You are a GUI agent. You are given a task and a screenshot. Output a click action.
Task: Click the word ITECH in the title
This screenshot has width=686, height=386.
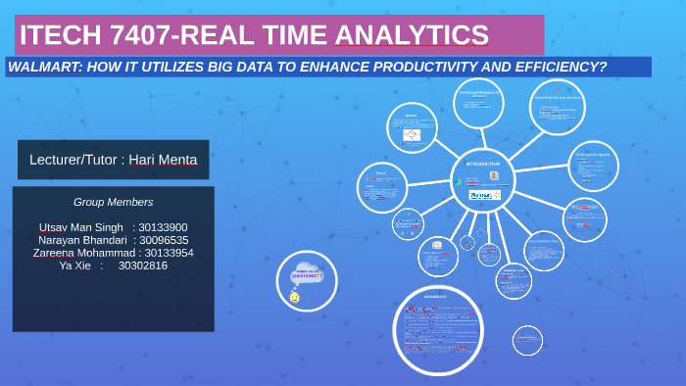pos(53,35)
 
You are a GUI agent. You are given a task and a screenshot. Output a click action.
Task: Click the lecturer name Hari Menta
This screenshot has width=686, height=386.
pos(163,160)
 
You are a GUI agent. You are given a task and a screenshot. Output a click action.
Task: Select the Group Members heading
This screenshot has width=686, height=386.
pos(113,202)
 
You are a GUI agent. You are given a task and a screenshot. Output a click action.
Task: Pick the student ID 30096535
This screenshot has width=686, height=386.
pos(164,240)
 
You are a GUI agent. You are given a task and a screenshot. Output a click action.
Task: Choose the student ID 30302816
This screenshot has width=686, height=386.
pos(142,265)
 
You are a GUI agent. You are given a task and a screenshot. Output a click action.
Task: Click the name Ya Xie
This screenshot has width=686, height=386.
pos(74,265)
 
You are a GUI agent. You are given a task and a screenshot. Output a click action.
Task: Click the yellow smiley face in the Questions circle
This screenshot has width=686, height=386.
pos(294,297)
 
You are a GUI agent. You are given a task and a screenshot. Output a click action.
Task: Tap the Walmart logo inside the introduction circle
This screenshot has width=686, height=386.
pos(484,195)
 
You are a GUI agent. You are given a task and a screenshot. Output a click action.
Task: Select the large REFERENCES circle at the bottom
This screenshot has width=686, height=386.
pos(437,330)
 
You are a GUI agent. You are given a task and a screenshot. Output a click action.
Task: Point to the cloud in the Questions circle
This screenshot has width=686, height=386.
pos(307,272)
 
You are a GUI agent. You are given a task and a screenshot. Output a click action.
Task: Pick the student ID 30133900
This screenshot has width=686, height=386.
pos(163,227)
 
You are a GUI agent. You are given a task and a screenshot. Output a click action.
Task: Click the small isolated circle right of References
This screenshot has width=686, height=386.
pos(527,340)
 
